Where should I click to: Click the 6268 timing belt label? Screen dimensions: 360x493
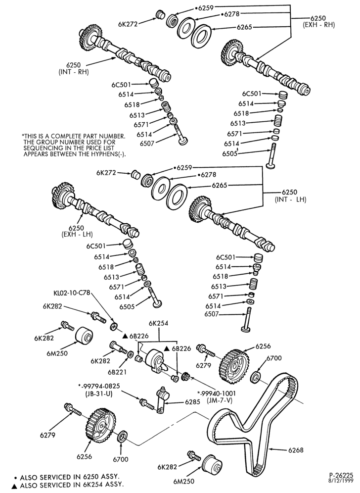(x=296, y=450)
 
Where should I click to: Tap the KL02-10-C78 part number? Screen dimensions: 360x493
(x=72, y=293)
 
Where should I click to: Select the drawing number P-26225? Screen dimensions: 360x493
(x=341, y=475)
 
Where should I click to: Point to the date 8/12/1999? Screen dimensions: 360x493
(x=343, y=481)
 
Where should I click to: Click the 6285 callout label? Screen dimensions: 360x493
(x=192, y=402)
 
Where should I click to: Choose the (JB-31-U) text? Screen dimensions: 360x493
(x=100, y=393)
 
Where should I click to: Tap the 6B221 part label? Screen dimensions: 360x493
(x=117, y=372)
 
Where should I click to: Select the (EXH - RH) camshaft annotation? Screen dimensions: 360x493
(x=318, y=25)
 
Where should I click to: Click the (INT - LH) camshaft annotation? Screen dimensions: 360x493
(x=290, y=199)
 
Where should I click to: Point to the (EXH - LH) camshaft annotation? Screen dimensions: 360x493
(x=77, y=234)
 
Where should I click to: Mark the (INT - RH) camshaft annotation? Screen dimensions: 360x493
(x=74, y=72)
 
